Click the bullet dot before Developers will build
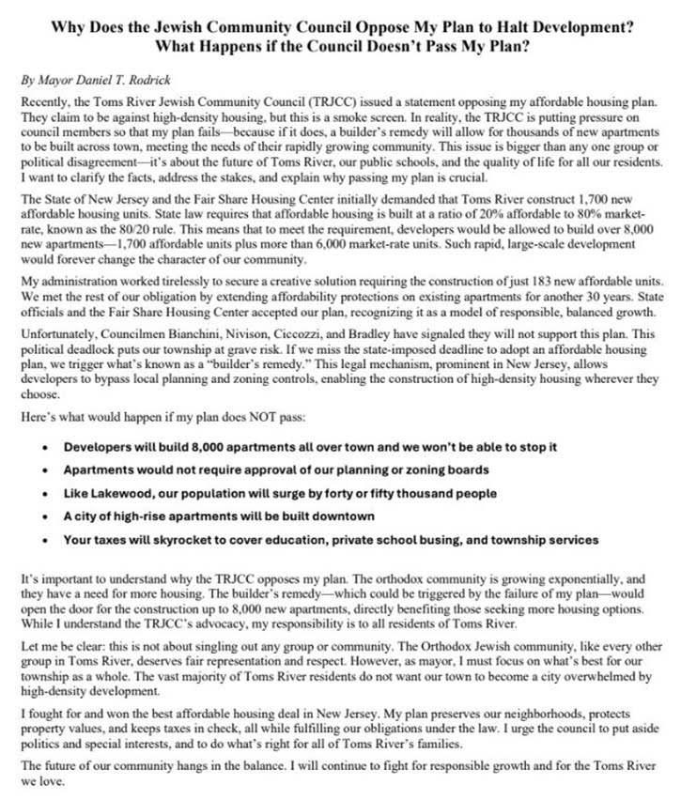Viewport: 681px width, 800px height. (44, 421)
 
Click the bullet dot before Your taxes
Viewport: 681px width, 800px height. (44, 541)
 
